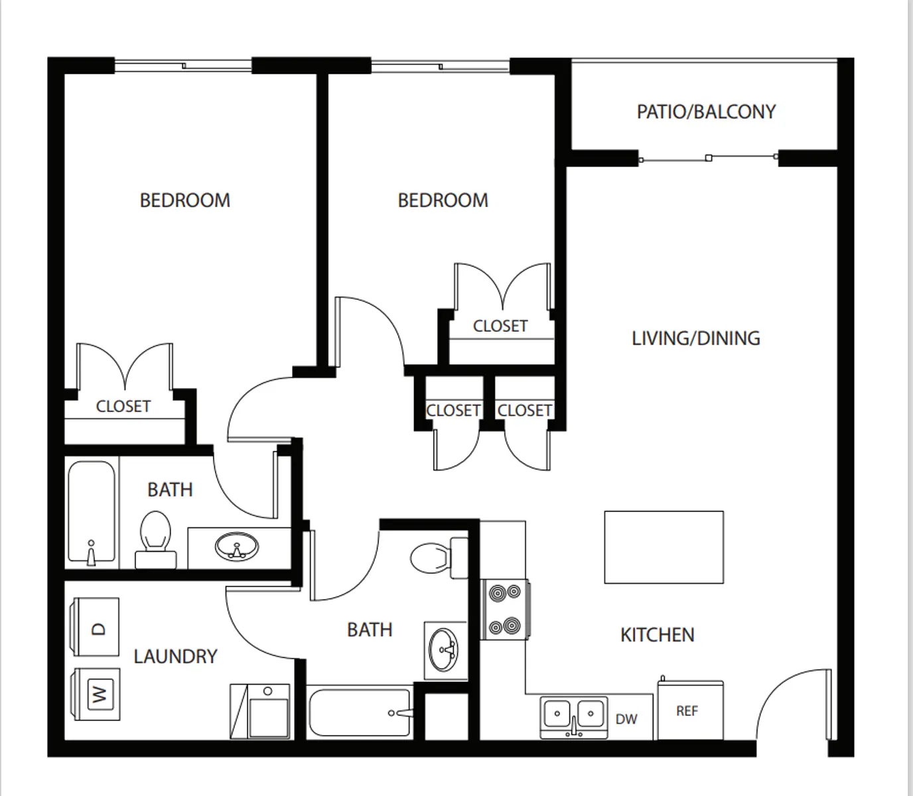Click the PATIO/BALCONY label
pyautogui.click(x=706, y=112)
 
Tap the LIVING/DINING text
pyautogui.click(x=695, y=338)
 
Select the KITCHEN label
pyautogui.click(x=658, y=635)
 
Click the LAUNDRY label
pyautogui.click(x=175, y=657)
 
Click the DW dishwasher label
pyautogui.click(x=626, y=719)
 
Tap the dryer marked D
pyautogui.click(x=96, y=627)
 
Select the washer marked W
pyautogui.click(x=97, y=695)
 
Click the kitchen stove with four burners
pyautogui.click(x=505, y=610)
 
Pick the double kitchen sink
pyautogui.click(x=574, y=718)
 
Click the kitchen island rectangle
pyautogui.click(x=664, y=547)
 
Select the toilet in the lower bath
pyautogui.click(x=439, y=558)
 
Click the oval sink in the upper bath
pyautogui.click(x=236, y=546)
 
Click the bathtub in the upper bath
pyautogui.click(x=92, y=512)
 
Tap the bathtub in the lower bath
pyautogui.click(x=360, y=712)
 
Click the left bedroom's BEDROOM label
pyautogui.click(x=184, y=200)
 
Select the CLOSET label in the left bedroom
pyautogui.click(x=123, y=406)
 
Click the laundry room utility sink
pyautogui.click(x=259, y=711)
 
